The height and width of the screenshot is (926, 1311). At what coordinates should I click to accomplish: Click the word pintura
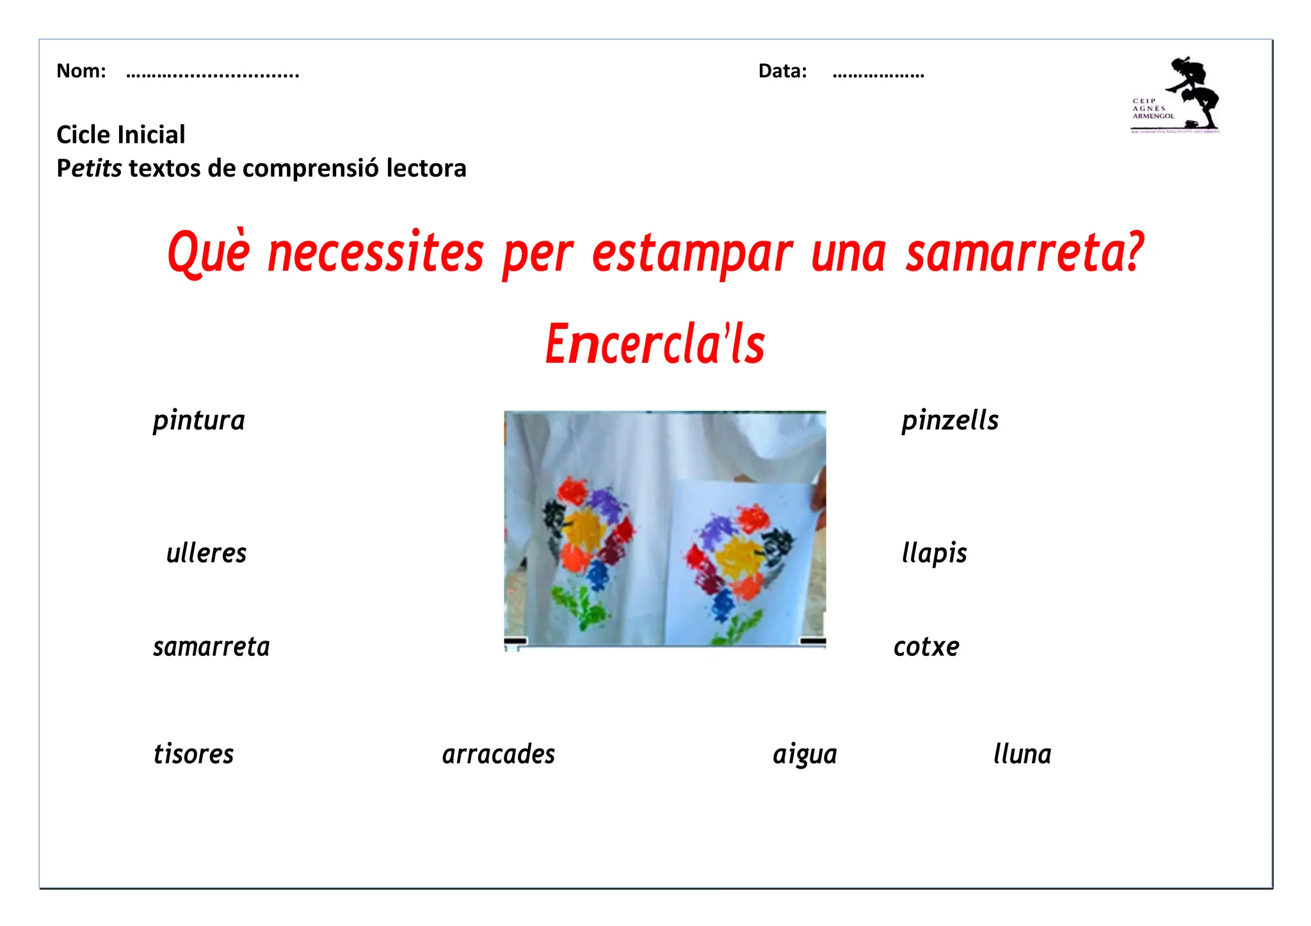pyautogui.click(x=199, y=421)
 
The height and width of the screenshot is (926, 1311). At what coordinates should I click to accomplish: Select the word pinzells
pyautogui.click(x=950, y=421)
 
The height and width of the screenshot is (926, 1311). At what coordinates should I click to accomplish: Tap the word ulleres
pyautogui.click(x=206, y=554)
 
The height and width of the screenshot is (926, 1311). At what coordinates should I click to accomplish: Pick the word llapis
pyautogui.click(x=934, y=554)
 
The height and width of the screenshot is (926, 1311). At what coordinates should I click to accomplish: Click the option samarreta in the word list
pyautogui.click(x=211, y=647)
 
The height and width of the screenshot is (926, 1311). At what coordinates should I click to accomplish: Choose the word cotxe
pyautogui.click(x=926, y=647)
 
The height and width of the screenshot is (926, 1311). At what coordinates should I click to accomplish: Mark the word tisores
pyautogui.click(x=193, y=754)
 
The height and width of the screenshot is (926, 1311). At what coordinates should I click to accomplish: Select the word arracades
pyautogui.click(x=499, y=754)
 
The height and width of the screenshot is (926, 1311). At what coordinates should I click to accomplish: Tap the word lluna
pyautogui.click(x=1022, y=754)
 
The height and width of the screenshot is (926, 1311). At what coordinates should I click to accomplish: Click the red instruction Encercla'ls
pyautogui.click(x=655, y=344)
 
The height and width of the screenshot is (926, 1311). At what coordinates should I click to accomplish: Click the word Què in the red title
pyautogui.click(x=209, y=253)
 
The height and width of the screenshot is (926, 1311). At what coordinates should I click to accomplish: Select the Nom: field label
pyautogui.click(x=81, y=71)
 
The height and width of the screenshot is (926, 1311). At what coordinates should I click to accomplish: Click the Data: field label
pyautogui.click(x=782, y=71)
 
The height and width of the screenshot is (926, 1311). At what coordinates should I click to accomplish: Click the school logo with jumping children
pyautogui.click(x=1177, y=95)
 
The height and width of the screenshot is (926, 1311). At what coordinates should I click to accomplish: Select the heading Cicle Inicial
pyautogui.click(x=121, y=135)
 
